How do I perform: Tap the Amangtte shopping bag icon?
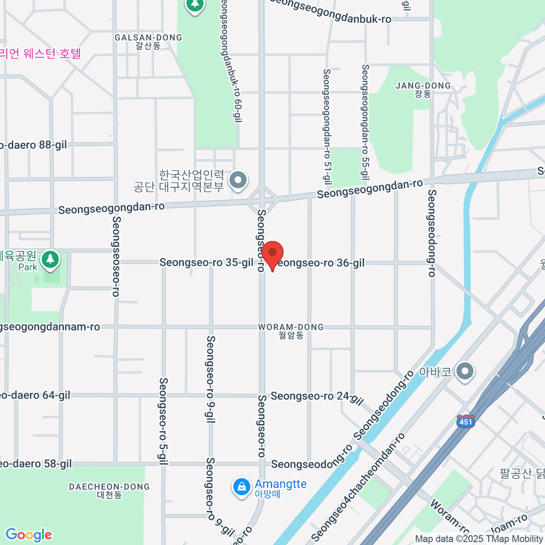[242, 487]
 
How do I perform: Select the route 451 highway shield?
[466, 421]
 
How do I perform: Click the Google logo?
[29, 535]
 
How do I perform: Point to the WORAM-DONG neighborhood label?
[291, 327]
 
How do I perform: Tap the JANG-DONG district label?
[423, 86]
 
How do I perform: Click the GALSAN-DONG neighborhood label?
[148, 38]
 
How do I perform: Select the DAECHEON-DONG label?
[109, 487]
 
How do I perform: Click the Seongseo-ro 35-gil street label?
[206, 263]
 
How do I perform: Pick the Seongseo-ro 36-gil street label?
[321, 263]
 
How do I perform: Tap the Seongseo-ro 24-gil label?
[317, 397]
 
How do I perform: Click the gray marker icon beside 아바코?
[465, 371]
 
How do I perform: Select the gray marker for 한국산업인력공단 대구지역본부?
[238, 180]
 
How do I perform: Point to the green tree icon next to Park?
[50, 259]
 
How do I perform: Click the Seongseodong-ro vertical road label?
[431, 233]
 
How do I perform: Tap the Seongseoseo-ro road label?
[116, 257]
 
